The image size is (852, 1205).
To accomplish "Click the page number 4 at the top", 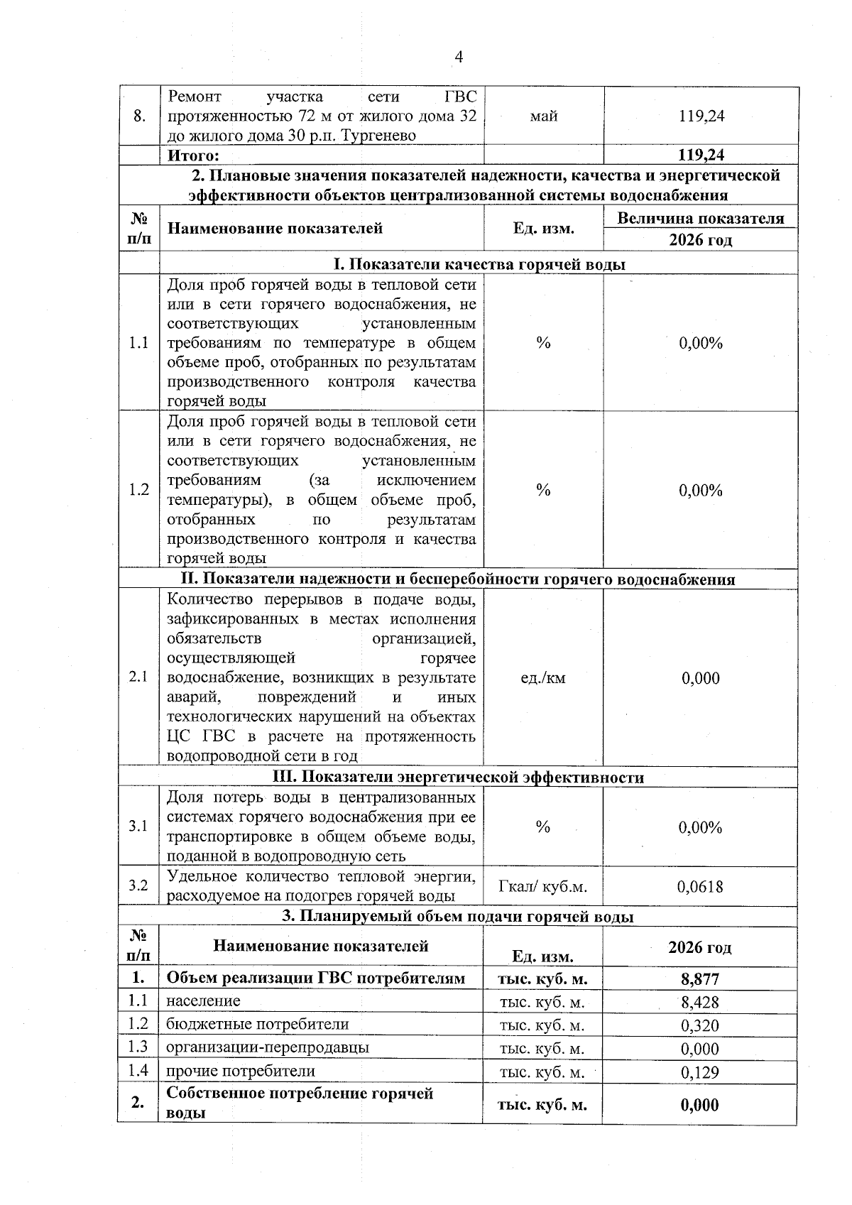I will tap(458, 58).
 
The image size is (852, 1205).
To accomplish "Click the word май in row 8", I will tap(543, 116).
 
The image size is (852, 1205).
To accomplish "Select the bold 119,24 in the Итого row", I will tap(701, 155).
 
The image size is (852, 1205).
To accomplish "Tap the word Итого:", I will tap(192, 155).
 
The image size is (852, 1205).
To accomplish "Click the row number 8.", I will tap(139, 116).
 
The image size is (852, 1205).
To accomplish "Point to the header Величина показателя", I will tap(700, 218).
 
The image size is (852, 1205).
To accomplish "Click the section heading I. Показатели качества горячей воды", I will tap(479, 264).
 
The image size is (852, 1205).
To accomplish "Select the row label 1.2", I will tap(139, 490).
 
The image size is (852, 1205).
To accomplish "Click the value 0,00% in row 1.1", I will tap(700, 343).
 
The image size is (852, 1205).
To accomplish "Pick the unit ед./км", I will tap(543, 678).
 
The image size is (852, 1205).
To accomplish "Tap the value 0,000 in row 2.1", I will tap(700, 678).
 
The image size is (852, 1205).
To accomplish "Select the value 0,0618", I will tap(700, 886).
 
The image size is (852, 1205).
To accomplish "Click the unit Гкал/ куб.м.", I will tap(543, 887).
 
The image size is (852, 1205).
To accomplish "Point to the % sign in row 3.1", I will tap(543, 827).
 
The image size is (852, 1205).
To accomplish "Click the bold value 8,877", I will tap(700, 979).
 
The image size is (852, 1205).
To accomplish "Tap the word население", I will tap(203, 1001).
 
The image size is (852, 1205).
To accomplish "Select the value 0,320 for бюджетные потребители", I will tap(700, 1025).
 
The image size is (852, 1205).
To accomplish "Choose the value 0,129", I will tap(700, 1072).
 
